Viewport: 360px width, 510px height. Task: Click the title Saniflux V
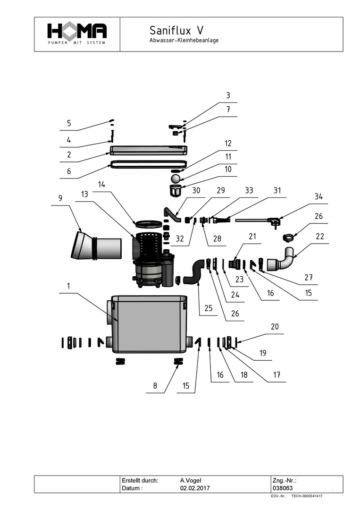[176, 31]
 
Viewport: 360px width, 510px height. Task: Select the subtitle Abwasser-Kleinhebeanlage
[184, 41]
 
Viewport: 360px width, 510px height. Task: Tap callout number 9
[60, 199]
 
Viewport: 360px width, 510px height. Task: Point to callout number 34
[319, 197]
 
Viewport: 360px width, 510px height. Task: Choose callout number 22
[320, 237]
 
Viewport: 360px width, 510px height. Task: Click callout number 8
[155, 386]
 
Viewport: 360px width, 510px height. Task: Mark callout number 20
[275, 326]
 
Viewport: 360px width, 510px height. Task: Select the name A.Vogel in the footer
[191, 480]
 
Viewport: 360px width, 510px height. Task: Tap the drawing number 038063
[283, 488]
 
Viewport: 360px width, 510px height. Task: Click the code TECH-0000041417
[307, 496]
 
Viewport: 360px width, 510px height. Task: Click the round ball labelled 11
[176, 178]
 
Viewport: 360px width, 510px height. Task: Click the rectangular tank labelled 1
[149, 324]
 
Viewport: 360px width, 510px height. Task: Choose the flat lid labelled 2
[148, 150]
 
